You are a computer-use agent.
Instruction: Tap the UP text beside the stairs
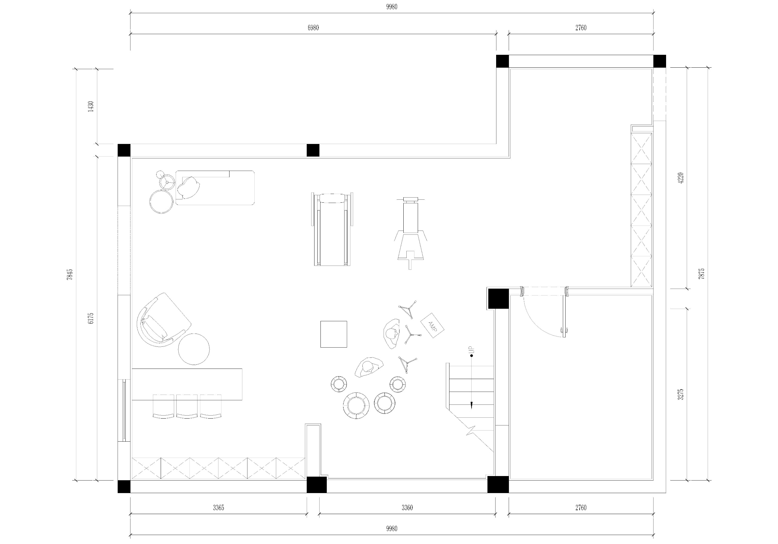click(x=472, y=350)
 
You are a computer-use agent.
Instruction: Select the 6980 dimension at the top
click(x=313, y=28)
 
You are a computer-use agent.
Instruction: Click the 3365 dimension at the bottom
click(x=218, y=507)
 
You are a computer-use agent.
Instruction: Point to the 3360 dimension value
click(x=407, y=507)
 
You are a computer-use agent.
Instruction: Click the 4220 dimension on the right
click(x=681, y=178)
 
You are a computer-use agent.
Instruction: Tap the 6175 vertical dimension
click(x=90, y=318)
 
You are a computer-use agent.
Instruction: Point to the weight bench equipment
click(x=410, y=233)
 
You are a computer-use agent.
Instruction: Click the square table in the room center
click(x=334, y=334)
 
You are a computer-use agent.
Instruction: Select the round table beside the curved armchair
click(x=194, y=349)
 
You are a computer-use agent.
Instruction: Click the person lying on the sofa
click(x=188, y=187)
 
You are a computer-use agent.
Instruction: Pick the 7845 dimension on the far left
click(x=69, y=274)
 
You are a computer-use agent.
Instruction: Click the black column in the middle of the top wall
click(x=313, y=150)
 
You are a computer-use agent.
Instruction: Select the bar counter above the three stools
click(x=187, y=384)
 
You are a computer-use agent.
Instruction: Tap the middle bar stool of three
click(x=187, y=406)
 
